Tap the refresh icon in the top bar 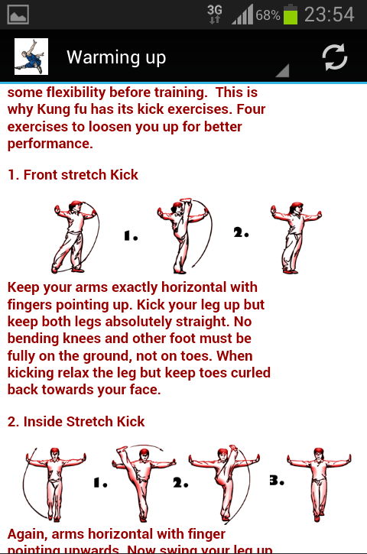click(334, 57)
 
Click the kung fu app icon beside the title click(31, 57)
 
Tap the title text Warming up click(116, 57)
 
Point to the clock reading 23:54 click(329, 15)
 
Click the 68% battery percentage click(268, 15)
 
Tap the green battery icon click(291, 15)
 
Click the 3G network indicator click(215, 14)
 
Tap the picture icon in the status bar click(18, 15)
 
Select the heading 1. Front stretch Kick click(73, 174)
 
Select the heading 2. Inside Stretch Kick click(76, 422)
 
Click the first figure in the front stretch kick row click(75, 237)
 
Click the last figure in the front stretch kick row click(296, 238)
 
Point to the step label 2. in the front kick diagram click(241, 232)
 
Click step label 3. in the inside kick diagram click(277, 480)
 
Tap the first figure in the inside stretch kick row click(54, 484)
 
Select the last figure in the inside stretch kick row click(319, 484)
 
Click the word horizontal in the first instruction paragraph click(193, 287)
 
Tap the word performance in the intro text click(50, 144)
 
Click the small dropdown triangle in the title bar click(282, 70)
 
